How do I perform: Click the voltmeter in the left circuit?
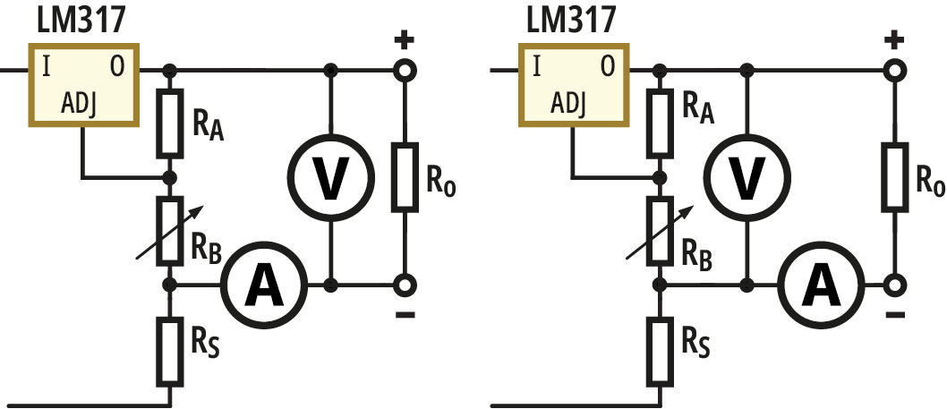(331, 177)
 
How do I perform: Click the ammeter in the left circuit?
(264, 285)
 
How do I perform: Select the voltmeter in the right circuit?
(746, 177)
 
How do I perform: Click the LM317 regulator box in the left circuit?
(82, 87)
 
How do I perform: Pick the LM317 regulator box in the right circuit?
(572, 87)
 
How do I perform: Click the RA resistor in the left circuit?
(169, 121)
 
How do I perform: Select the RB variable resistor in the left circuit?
(169, 231)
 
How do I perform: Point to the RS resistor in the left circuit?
(169, 350)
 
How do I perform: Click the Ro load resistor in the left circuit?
(405, 176)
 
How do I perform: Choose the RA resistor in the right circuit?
(660, 121)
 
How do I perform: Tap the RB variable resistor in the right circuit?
(660, 231)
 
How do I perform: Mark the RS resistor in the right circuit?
(660, 350)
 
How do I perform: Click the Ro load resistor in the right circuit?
(894, 176)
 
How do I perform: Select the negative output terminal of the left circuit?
(405, 285)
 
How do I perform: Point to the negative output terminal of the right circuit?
(894, 285)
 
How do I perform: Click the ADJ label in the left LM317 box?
(80, 105)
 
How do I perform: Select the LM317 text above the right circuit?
(570, 18)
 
